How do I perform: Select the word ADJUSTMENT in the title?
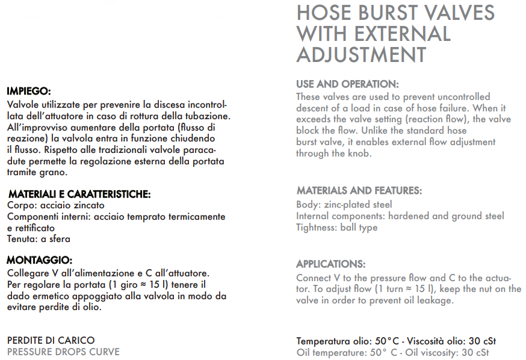[361, 54]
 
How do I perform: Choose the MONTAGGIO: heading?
[39, 261]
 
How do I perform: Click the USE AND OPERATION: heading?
[347, 84]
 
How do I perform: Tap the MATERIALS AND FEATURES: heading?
[359, 191]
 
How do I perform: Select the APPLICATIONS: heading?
[330, 264]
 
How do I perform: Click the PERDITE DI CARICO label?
[51, 340]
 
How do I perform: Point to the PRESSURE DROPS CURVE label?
[63, 352]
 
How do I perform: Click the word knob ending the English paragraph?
[360, 154]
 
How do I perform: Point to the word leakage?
[434, 300]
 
